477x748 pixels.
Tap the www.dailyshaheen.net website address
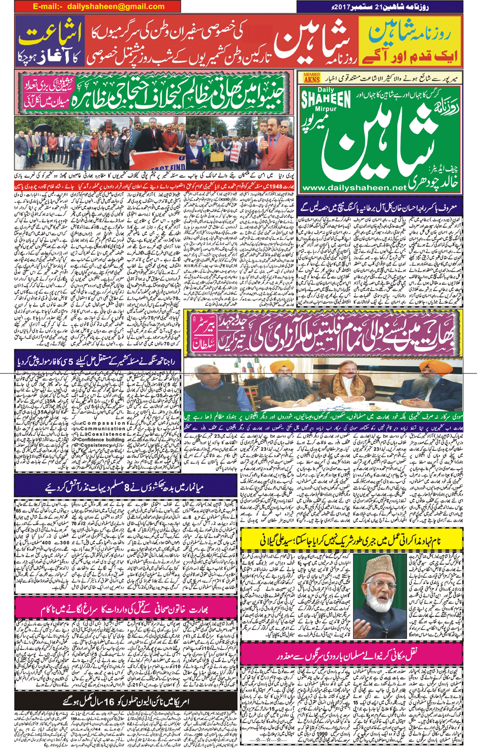[354, 188]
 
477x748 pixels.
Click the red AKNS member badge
[312, 78]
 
